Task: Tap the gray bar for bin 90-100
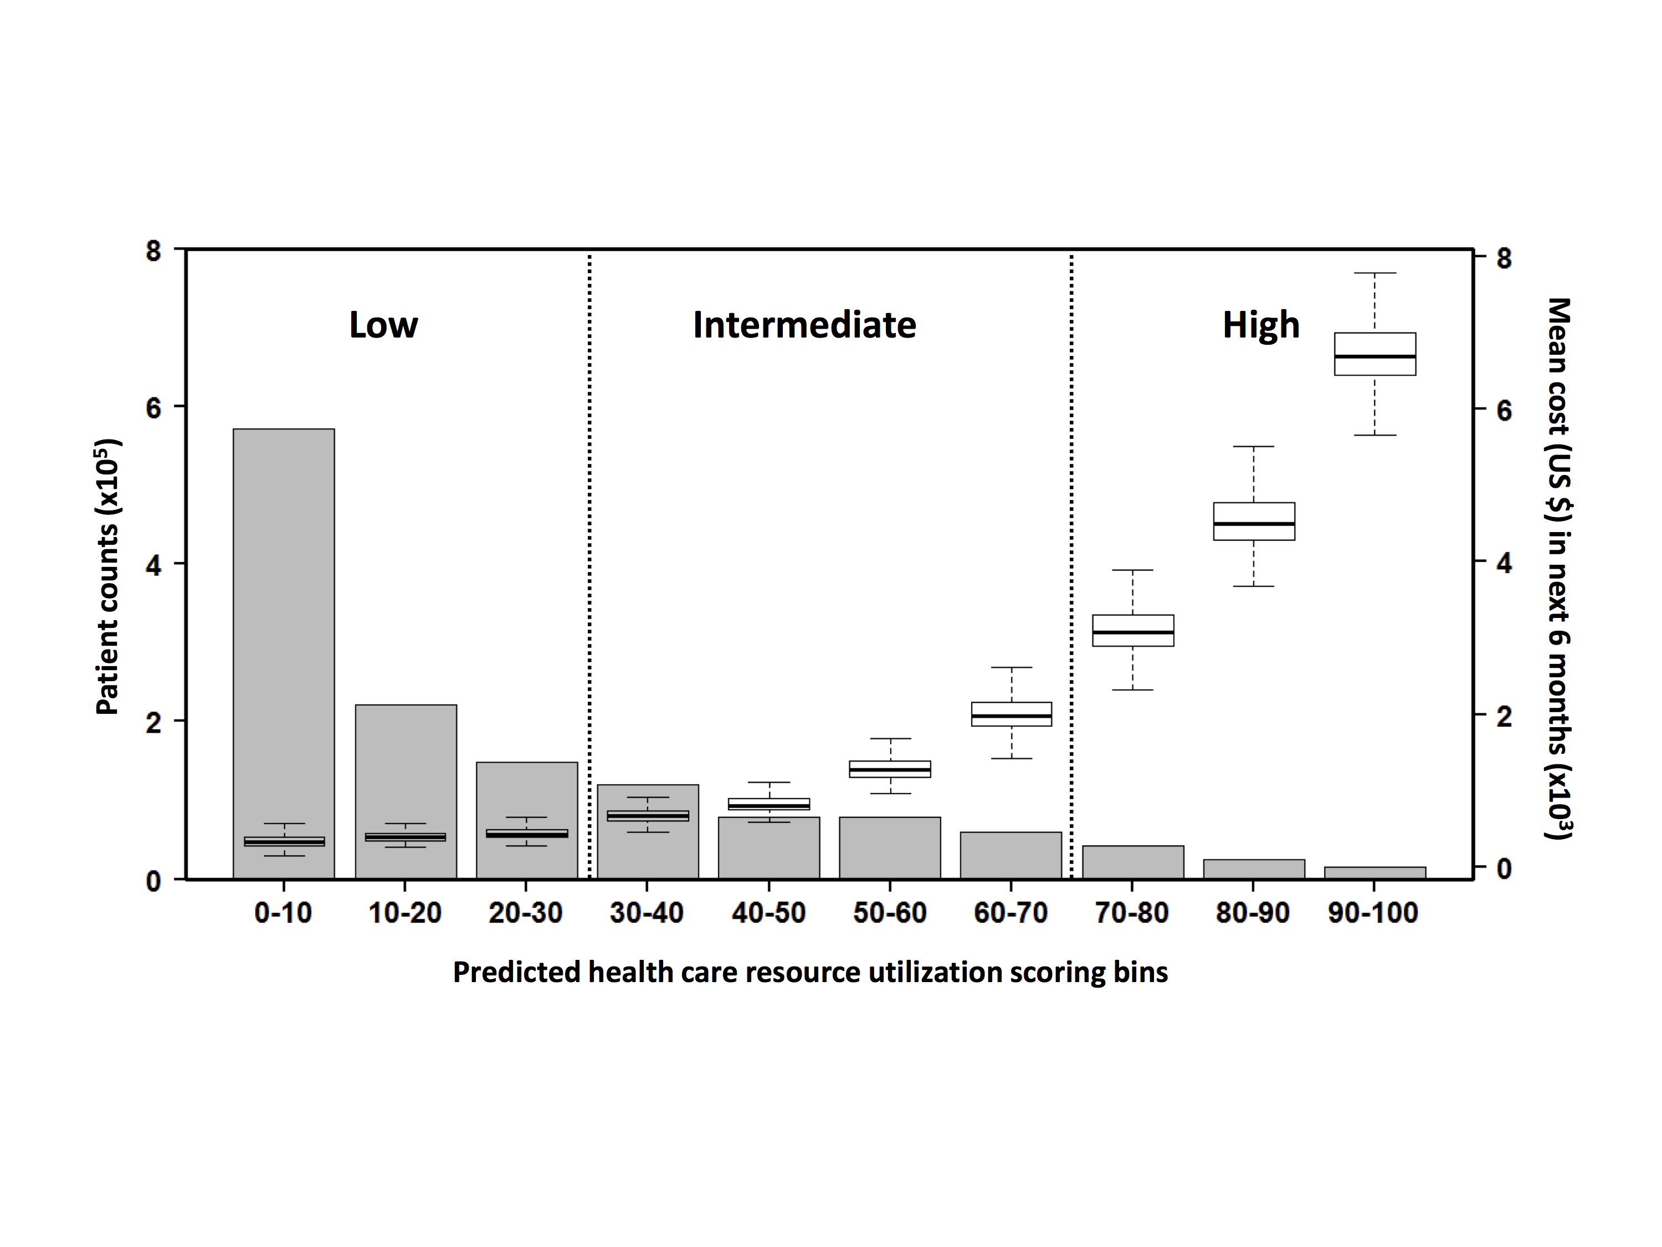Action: tap(1374, 873)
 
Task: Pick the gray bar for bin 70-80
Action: tap(1132, 862)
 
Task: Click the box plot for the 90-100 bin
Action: tap(1374, 354)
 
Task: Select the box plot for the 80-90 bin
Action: tap(1253, 521)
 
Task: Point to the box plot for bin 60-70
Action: tap(1011, 714)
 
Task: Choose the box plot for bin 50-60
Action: tap(890, 769)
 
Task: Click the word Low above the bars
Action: tap(383, 325)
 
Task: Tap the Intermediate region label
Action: tap(804, 325)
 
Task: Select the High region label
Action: tap(1261, 325)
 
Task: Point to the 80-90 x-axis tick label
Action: tap(1253, 913)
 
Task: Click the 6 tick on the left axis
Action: tap(153, 407)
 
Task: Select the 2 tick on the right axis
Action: tap(1504, 716)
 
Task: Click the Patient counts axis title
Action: tap(107, 576)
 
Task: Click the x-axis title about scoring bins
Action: tap(810, 973)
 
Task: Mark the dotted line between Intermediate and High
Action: tap(1071, 564)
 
